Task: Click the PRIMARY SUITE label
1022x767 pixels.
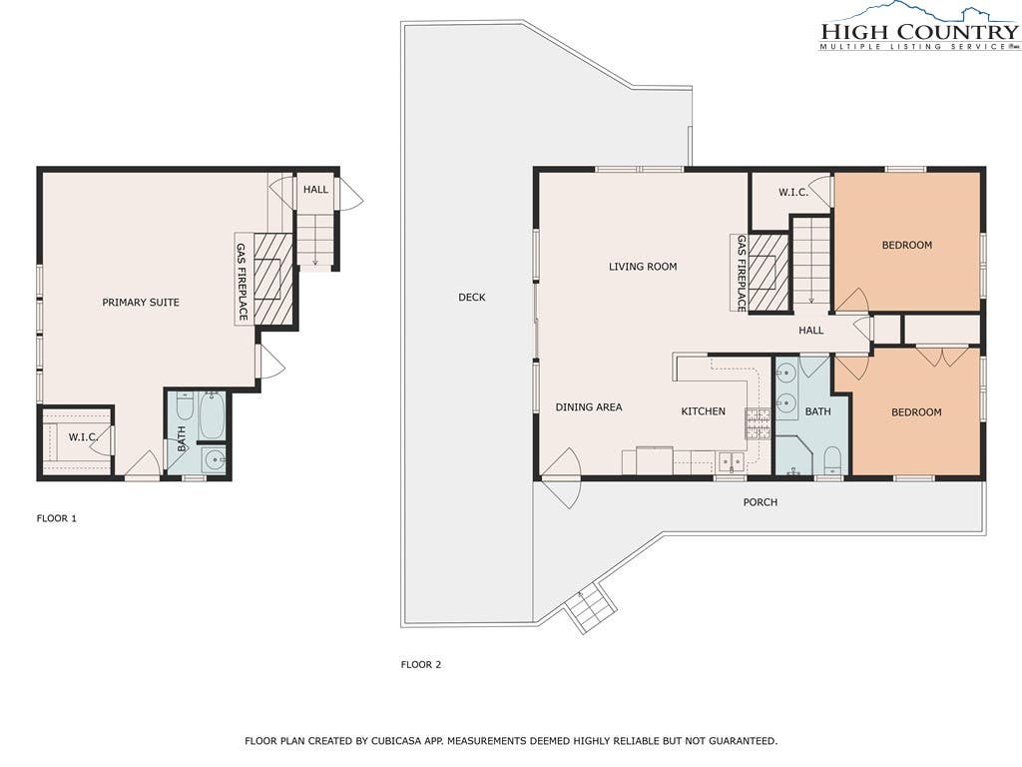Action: [x=140, y=303]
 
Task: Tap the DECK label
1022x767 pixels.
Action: [x=472, y=298]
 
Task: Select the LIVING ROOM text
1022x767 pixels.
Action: [x=643, y=267]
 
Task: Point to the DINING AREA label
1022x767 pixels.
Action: [x=589, y=407]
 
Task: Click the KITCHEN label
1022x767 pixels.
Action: [x=704, y=411]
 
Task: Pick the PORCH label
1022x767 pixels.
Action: [x=760, y=502]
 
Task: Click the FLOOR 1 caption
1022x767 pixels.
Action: [x=57, y=519]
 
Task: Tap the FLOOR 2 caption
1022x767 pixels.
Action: [x=421, y=665]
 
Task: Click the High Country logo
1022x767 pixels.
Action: [x=919, y=27]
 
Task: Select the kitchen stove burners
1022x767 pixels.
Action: [x=759, y=422]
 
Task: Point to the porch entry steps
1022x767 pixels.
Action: [x=591, y=609]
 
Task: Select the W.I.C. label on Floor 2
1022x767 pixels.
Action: [x=793, y=193]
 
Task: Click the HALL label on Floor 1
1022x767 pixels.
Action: [x=315, y=190]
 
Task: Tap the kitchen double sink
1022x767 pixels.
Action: [x=732, y=461]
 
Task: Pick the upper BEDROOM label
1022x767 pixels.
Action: [x=906, y=246]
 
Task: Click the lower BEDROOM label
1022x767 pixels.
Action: [x=916, y=412]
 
